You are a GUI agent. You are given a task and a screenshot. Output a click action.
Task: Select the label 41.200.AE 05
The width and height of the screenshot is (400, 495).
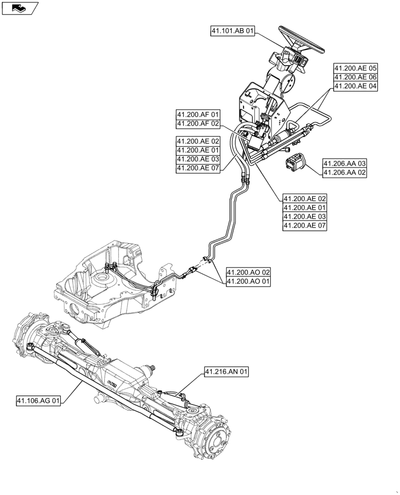tap(355, 68)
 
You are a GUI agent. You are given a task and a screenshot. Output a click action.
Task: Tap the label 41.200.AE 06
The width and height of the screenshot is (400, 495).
tap(355, 77)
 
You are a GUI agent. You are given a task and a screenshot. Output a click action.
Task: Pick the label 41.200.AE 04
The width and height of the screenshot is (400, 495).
tap(355, 86)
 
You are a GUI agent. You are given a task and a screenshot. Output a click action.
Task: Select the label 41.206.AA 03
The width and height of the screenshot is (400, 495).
tap(345, 163)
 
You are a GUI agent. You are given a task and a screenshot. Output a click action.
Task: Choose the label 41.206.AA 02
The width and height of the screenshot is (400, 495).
tap(345, 172)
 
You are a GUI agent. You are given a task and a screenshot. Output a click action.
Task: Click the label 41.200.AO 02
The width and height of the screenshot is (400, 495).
tap(249, 273)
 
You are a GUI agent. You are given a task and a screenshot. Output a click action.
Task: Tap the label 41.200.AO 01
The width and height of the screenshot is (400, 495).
tap(249, 282)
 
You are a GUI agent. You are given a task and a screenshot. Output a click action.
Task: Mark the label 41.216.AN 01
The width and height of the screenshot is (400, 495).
tap(226, 372)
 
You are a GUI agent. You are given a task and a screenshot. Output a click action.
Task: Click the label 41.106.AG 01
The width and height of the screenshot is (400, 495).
tap(38, 401)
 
